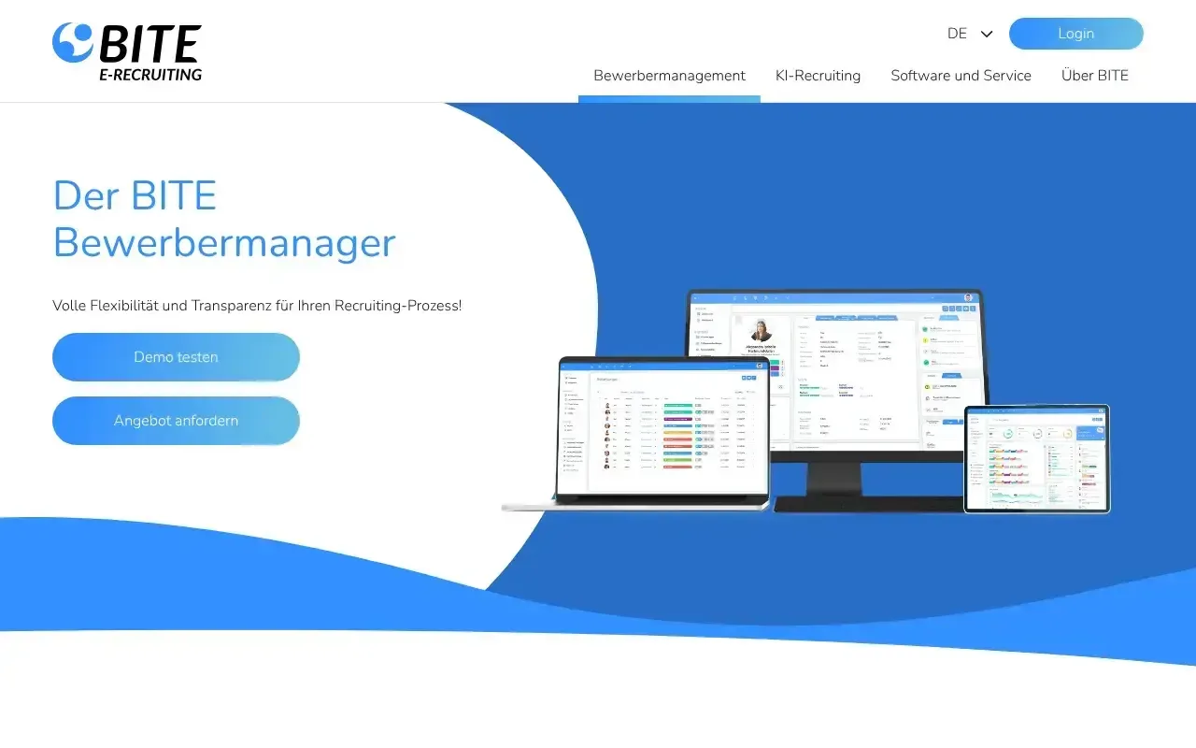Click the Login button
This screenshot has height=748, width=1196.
click(x=1075, y=34)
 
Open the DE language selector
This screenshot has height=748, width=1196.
click(x=957, y=34)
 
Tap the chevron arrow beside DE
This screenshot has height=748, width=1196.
click(x=987, y=34)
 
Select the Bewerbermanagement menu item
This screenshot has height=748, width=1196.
click(x=669, y=76)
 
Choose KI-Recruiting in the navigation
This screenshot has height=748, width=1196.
click(x=818, y=76)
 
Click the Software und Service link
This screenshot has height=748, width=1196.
click(x=961, y=76)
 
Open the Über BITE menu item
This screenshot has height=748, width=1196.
click(x=1094, y=76)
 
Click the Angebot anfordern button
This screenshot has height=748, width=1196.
click(x=176, y=421)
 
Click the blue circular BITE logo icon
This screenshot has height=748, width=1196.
click(x=73, y=42)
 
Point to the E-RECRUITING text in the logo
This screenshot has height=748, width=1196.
click(x=150, y=75)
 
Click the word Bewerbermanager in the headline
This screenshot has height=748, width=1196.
click(x=224, y=243)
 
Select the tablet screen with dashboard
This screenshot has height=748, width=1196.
click(x=1037, y=458)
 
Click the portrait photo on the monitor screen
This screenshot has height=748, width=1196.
click(x=761, y=333)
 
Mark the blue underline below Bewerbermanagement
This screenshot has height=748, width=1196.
click(x=669, y=98)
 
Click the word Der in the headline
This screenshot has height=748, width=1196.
click(x=86, y=196)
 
